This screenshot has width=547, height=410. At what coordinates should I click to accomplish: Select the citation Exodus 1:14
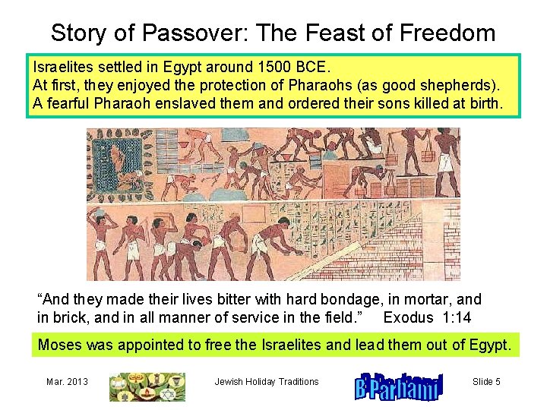(427, 317)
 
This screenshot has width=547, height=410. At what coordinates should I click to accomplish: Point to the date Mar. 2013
(67, 381)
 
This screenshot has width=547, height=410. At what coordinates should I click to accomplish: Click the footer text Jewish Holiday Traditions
(267, 381)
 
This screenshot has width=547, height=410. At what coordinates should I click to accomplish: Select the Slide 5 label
(486, 381)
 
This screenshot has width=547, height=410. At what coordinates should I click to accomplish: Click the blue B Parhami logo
(397, 386)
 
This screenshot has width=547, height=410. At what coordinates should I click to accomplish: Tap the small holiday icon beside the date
(147, 386)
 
